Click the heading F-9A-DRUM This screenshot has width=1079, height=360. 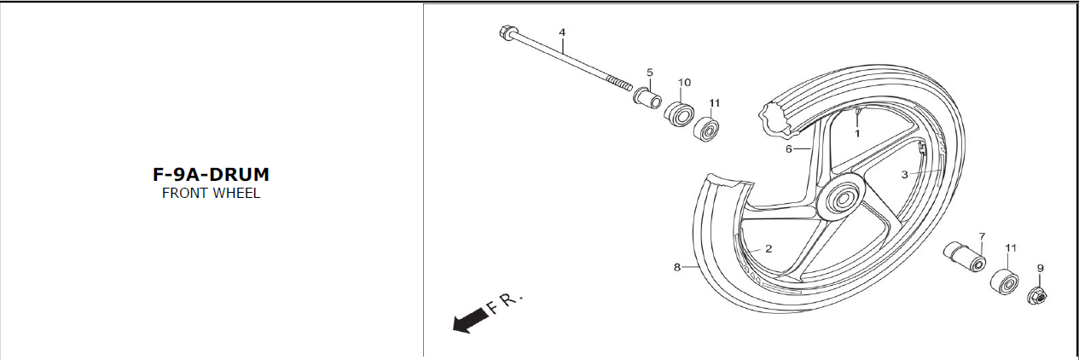[x=211, y=175]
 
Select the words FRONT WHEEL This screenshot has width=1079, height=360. [x=211, y=194]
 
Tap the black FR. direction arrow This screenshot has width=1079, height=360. [x=471, y=320]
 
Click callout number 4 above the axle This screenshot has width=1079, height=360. [x=561, y=32]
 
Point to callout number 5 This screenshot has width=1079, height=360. [x=650, y=73]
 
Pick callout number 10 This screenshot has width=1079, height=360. [x=684, y=83]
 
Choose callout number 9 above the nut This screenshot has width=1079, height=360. [x=1040, y=268]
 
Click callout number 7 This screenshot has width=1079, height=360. [x=982, y=236]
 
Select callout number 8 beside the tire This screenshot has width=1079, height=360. [x=676, y=266]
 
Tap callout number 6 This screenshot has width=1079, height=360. [x=788, y=149]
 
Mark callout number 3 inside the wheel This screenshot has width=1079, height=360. [x=904, y=175]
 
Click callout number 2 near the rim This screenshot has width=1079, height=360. [x=769, y=249]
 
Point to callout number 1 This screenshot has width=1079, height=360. [x=857, y=133]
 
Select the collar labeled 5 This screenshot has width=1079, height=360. [x=647, y=98]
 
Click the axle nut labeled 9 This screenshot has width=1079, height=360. [x=1036, y=296]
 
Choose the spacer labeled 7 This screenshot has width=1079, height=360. [x=964, y=257]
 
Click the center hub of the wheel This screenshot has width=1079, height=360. [x=842, y=199]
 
